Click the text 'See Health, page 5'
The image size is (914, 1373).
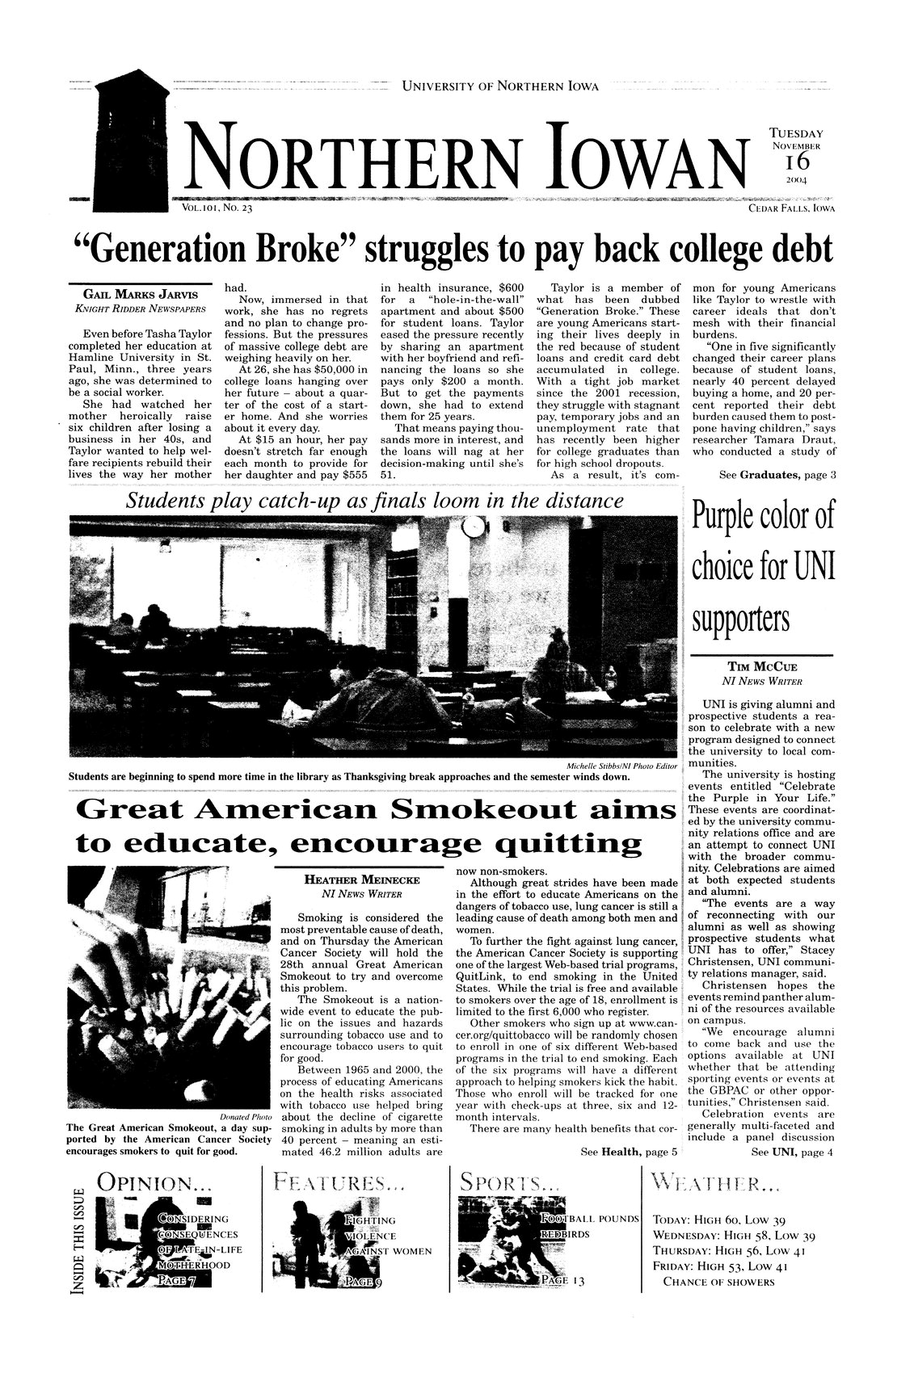click(x=623, y=1151)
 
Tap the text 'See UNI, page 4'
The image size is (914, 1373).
click(x=791, y=1151)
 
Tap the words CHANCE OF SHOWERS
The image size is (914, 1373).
click(x=718, y=1282)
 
